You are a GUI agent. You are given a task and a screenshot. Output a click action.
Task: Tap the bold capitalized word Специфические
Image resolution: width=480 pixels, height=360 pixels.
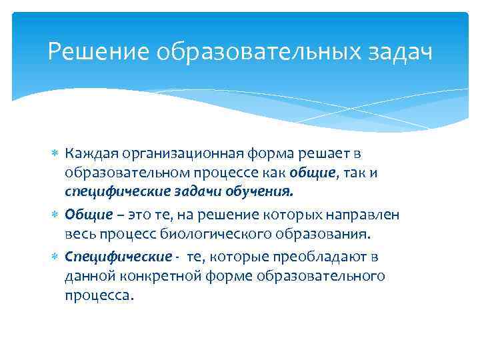118,257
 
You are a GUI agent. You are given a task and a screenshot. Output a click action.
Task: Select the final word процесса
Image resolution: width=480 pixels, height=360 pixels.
99,295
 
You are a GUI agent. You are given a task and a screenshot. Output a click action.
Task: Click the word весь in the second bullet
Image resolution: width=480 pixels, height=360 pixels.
79,234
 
